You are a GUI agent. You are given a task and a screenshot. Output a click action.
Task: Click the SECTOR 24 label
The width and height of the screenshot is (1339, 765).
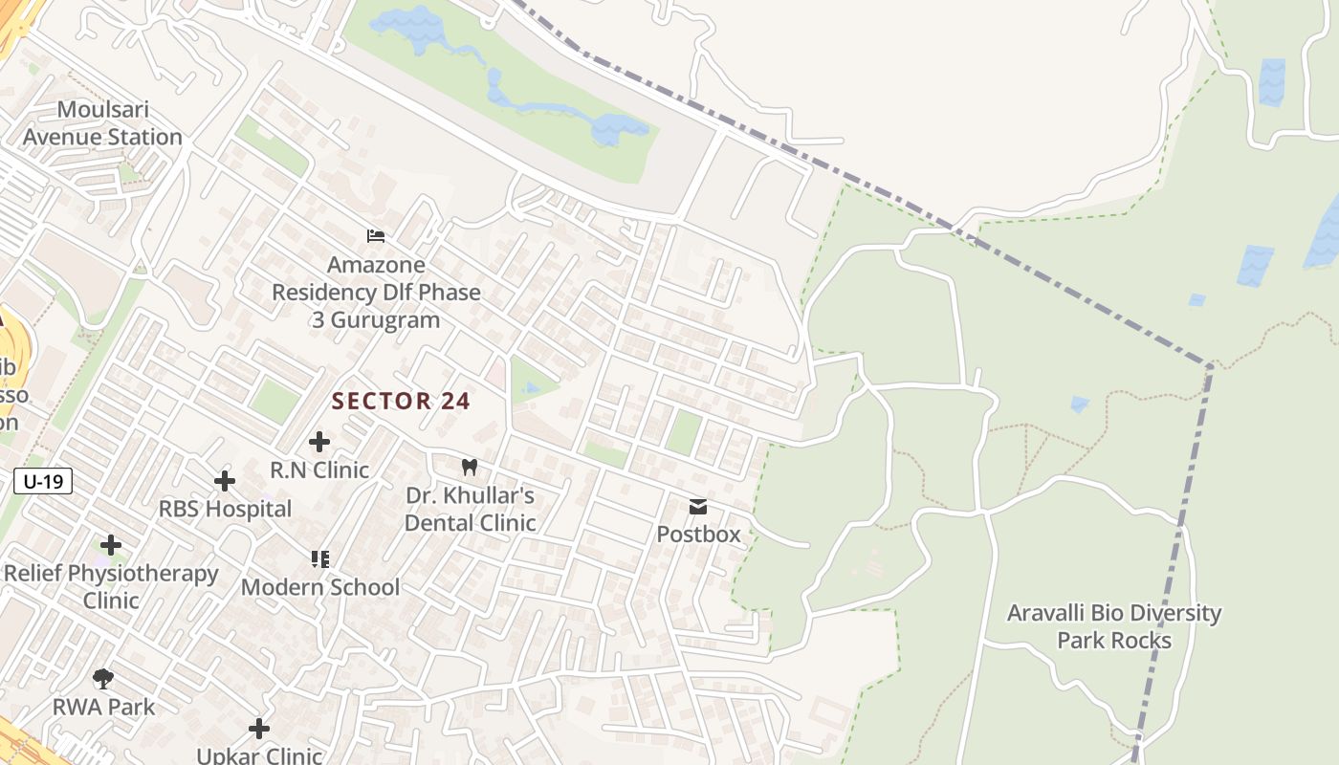point(401,401)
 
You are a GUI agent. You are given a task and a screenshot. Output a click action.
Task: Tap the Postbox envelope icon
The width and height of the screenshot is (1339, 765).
point(698,506)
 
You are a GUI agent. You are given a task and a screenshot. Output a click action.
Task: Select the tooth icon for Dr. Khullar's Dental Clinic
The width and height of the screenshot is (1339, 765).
point(469,467)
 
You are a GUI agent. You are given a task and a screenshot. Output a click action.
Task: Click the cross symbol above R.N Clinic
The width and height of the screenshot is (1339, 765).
point(319,442)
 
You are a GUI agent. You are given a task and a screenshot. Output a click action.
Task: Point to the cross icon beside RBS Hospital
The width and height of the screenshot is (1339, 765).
point(225,480)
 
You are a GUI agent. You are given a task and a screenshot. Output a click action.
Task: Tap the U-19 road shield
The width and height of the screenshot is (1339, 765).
point(44,481)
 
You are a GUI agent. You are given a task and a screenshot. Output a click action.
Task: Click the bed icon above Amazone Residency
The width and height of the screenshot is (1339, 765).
point(376,235)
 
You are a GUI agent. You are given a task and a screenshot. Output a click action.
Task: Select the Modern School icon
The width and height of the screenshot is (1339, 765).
point(319,558)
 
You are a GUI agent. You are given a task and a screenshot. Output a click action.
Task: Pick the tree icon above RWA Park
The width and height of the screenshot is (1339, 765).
point(103,679)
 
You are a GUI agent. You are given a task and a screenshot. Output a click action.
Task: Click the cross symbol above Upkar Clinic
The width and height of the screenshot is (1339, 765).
point(258,729)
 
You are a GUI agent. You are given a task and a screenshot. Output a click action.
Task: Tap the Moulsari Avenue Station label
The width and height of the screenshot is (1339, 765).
point(101,123)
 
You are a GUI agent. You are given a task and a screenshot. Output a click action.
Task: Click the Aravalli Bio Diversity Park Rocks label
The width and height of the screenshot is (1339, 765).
point(1114,626)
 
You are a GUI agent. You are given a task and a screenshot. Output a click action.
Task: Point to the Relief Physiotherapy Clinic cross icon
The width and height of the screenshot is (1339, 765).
point(111,545)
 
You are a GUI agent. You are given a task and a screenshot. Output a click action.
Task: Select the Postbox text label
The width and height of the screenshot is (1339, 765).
point(698,534)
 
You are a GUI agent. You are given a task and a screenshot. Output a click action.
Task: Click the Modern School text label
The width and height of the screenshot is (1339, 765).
point(319,586)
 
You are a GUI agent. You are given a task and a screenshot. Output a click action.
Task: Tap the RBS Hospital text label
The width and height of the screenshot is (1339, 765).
point(225,509)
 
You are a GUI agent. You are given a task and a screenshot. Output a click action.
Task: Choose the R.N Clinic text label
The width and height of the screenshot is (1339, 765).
point(319,470)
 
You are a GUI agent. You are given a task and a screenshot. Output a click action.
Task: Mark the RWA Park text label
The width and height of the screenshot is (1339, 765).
point(103,708)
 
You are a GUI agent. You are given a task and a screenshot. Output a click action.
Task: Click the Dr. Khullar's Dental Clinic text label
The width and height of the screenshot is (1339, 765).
point(470,509)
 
